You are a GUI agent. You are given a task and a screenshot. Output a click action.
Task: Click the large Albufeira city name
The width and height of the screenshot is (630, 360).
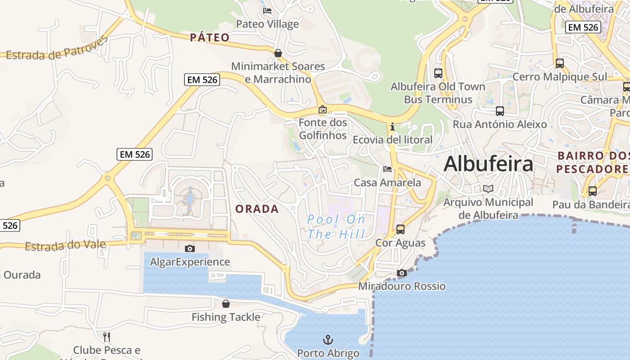(488, 164)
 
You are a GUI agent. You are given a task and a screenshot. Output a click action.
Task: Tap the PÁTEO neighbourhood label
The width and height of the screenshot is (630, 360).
(210, 37)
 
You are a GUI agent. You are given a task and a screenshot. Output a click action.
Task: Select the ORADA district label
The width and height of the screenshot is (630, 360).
(257, 209)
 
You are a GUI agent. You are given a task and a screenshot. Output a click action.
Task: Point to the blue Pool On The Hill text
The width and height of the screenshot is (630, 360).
(336, 227)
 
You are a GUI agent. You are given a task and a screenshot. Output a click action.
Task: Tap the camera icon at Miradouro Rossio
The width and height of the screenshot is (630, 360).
(402, 273)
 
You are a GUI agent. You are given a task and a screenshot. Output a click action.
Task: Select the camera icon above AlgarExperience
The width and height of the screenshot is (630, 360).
(190, 248)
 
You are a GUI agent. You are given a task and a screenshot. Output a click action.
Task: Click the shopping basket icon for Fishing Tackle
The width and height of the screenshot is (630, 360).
(226, 304)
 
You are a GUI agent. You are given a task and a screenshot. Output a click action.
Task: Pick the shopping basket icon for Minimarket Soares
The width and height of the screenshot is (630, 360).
(278, 53)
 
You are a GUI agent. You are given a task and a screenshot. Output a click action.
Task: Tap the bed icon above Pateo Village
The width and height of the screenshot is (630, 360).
(267, 11)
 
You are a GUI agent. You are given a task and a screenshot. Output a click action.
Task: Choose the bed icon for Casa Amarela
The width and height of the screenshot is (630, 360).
(387, 169)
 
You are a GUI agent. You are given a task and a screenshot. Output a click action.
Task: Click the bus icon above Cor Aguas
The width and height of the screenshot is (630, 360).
(400, 229)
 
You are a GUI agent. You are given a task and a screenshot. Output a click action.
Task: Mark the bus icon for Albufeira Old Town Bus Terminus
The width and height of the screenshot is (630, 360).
(438, 73)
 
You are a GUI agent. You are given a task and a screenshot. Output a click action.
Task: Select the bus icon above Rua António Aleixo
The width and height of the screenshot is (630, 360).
(499, 111)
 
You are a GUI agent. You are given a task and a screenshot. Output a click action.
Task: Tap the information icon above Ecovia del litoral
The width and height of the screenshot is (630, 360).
(392, 126)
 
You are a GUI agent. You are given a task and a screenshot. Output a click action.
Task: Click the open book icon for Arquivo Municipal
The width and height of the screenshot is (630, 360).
(488, 189)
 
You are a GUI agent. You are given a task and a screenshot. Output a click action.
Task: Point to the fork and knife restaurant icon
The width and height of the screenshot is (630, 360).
(107, 337)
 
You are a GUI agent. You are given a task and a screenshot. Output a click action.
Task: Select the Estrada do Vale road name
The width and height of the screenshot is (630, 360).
(65, 246)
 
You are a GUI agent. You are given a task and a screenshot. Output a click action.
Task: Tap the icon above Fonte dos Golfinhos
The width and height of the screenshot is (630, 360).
(323, 109)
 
